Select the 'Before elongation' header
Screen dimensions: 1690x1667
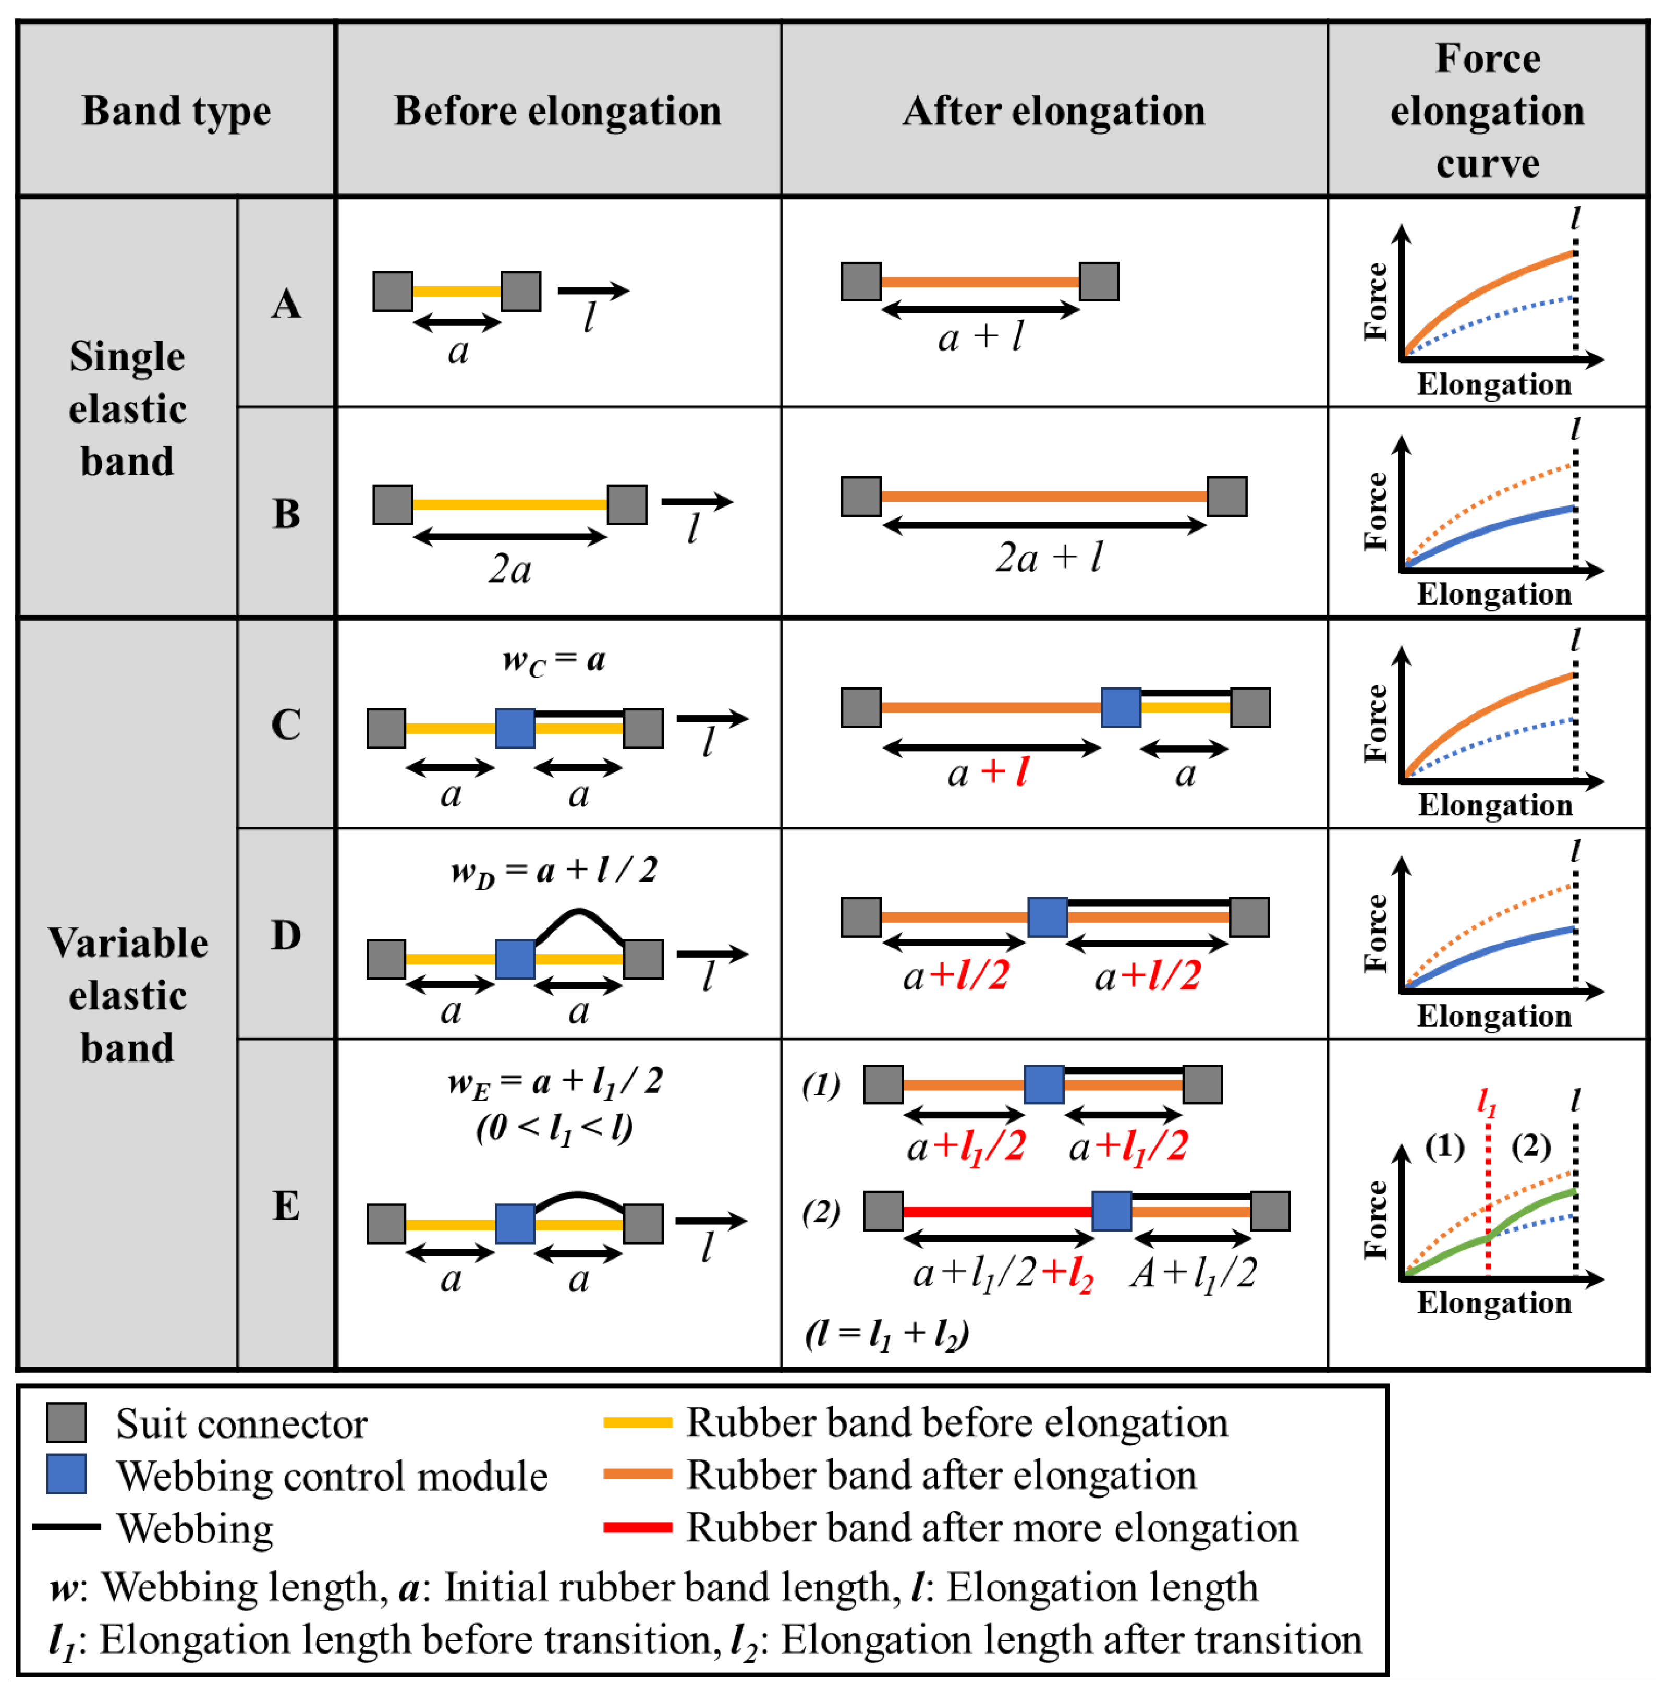click(557, 111)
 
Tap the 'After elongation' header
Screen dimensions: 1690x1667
click(1053, 111)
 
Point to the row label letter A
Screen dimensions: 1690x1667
click(286, 304)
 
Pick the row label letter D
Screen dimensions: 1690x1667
click(286, 935)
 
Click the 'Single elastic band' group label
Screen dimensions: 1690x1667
click(128, 408)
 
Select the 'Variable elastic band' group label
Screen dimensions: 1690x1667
click(128, 995)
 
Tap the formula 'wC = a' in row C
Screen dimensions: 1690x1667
click(554, 660)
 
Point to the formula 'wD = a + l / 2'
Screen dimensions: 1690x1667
click(554, 871)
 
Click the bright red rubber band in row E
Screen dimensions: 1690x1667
click(997, 1212)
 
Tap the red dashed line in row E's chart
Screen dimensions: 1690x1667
click(1488, 1207)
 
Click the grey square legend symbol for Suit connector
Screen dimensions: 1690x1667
click(66, 1422)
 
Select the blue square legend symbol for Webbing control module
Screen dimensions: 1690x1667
click(66, 1474)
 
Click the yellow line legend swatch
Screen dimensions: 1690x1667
click(638, 1422)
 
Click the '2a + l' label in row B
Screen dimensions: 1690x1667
click(1049, 557)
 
